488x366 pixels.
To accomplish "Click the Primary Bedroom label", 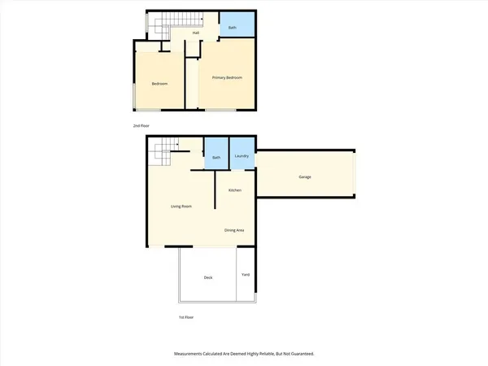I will coord(228,77).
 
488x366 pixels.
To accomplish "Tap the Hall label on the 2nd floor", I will coord(196,33).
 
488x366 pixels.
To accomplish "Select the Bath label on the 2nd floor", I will coord(232,28).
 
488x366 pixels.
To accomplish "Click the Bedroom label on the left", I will coord(159,84).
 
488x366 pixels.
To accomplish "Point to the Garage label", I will coord(305,177).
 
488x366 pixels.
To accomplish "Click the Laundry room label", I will coord(242,156).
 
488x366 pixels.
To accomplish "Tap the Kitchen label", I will coord(235,190).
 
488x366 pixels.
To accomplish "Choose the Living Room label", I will coord(181,207).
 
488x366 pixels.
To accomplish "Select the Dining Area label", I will coord(234,230).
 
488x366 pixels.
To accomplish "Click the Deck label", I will coord(208,278).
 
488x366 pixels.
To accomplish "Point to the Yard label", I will coord(246,274).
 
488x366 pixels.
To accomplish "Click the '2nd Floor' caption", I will coord(142,126).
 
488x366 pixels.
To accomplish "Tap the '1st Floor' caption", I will coord(186,317).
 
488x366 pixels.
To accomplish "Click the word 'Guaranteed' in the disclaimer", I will coord(298,354).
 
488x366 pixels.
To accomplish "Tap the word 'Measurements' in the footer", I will coord(190,354).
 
